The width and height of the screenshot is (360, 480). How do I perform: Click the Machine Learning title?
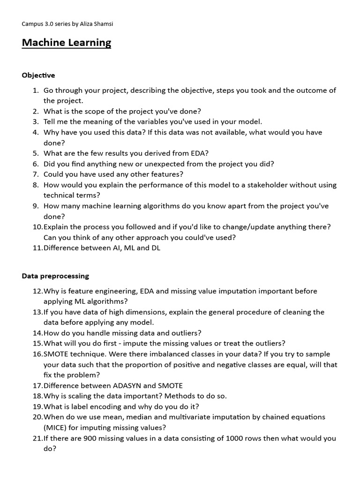click(x=67, y=43)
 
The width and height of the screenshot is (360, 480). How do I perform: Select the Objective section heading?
click(x=38, y=75)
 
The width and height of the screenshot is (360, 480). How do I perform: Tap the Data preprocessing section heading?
click(x=55, y=276)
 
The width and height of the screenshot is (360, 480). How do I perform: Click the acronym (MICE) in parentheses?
click(x=56, y=427)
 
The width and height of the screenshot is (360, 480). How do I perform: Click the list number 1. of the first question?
click(x=36, y=90)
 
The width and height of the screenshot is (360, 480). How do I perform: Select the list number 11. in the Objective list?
click(x=37, y=248)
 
